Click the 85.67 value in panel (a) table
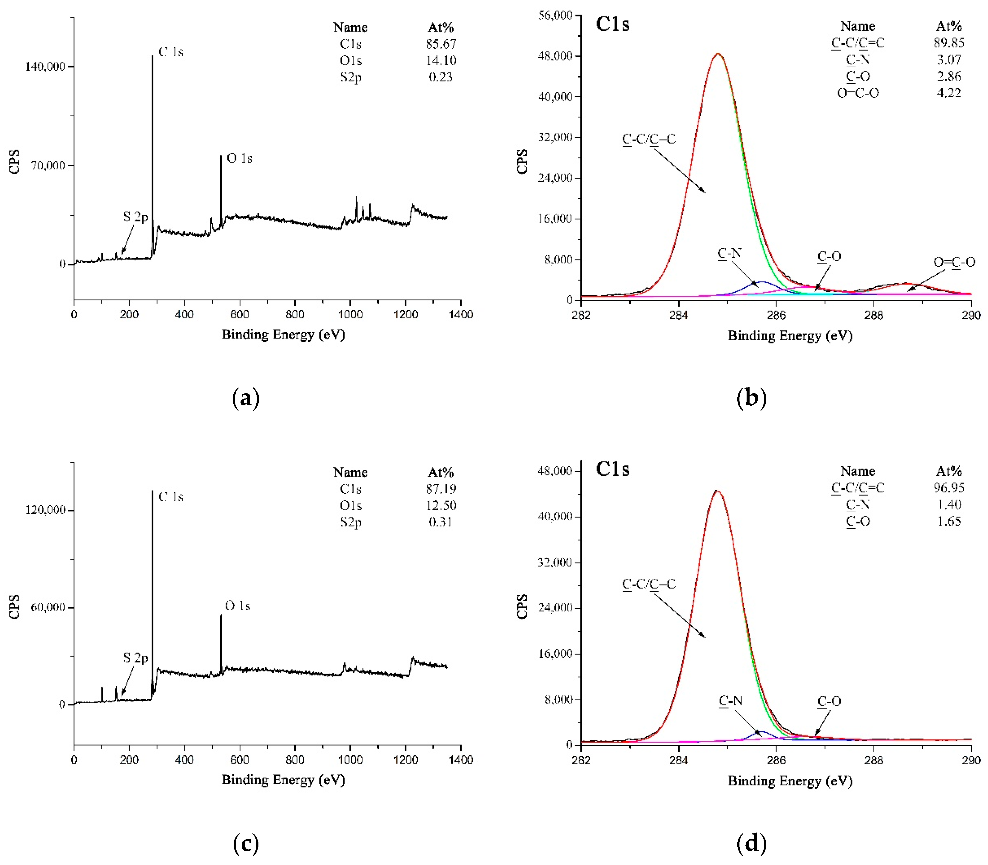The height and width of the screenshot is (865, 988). pyautogui.click(x=440, y=44)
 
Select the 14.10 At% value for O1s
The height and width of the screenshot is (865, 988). pyautogui.click(x=440, y=60)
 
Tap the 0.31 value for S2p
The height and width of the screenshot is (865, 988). pyautogui.click(x=440, y=522)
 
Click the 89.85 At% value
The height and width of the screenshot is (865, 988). pyautogui.click(x=948, y=43)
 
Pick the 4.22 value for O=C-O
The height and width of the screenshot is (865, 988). pyautogui.click(x=948, y=93)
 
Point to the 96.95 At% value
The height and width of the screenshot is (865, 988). pyautogui.click(x=948, y=487)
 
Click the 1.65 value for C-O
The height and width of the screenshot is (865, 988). pyautogui.click(x=948, y=521)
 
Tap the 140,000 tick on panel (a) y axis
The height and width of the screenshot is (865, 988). pyautogui.click(x=45, y=66)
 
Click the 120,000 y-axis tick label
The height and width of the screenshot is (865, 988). pyautogui.click(x=45, y=510)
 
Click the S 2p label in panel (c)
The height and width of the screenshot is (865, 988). pyautogui.click(x=135, y=657)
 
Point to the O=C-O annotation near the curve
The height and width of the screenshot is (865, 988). pyautogui.click(x=954, y=262)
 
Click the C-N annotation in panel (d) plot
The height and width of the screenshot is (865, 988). pyautogui.click(x=730, y=700)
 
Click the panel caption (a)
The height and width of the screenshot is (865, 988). pyautogui.click(x=246, y=398)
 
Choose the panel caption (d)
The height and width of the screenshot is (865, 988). pyautogui.click(x=751, y=843)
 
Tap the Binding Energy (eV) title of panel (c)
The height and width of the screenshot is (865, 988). pyautogui.click(x=283, y=780)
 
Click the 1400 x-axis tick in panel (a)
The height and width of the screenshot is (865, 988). pyautogui.click(x=461, y=315)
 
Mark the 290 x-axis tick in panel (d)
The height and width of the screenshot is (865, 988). pyautogui.click(x=971, y=760)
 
